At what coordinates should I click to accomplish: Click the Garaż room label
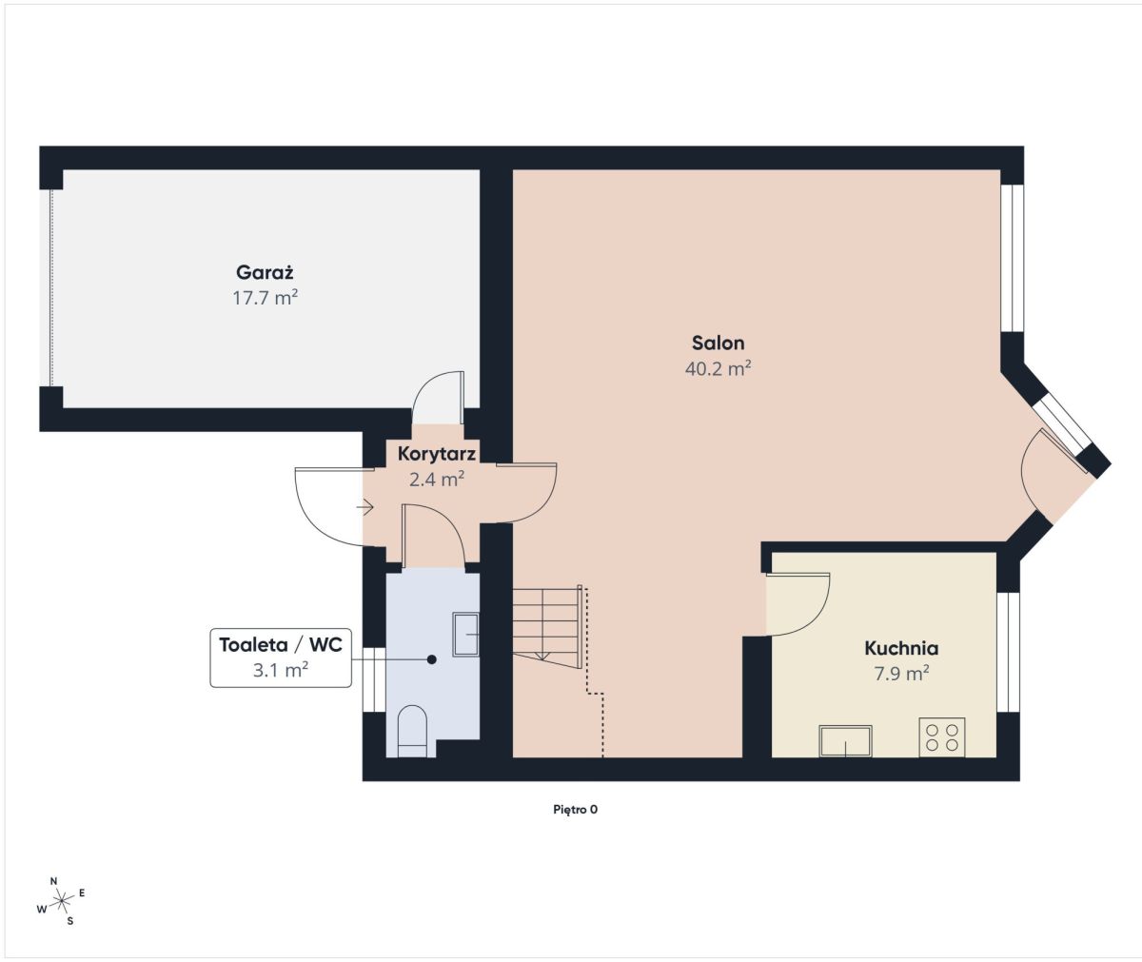pyautogui.click(x=265, y=272)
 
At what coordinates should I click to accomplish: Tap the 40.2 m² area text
pyautogui.click(x=718, y=368)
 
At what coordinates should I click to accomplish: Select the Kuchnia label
pyautogui.click(x=901, y=648)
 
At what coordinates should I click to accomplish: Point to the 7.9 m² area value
pyautogui.click(x=901, y=674)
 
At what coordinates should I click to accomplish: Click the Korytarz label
pyautogui.click(x=437, y=454)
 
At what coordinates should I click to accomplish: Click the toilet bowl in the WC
pyautogui.click(x=412, y=731)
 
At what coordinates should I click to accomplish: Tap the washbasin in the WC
pyautogui.click(x=465, y=635)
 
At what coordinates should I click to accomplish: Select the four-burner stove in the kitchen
pyautogui.click(x=942, y=737)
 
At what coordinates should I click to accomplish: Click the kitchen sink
pyautogui.click(x=845, y=741)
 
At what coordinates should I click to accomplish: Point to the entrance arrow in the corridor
pyautogui.click(x=364, y=507)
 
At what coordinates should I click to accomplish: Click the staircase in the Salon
pyautogui.click(x=547, y=627)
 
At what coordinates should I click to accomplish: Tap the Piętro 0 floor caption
pyautogui.click(x=576, y=810)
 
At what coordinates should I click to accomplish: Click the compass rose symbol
pyautogui.click(x=61, y=899)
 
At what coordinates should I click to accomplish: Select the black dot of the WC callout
pyautogui.click(x=431, y=659)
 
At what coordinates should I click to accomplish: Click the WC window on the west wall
pyautogui.click(x=375, y=679)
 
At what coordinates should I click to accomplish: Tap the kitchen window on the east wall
pyautogui.click(x=1008, y=652)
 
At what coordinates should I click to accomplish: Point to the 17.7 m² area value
pyautogui.click(x=265, y=298)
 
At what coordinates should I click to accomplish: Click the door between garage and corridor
pyautogui.click(x=438, y=398)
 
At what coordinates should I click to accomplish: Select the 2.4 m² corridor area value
pyautogui.click(x=437, y=480)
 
